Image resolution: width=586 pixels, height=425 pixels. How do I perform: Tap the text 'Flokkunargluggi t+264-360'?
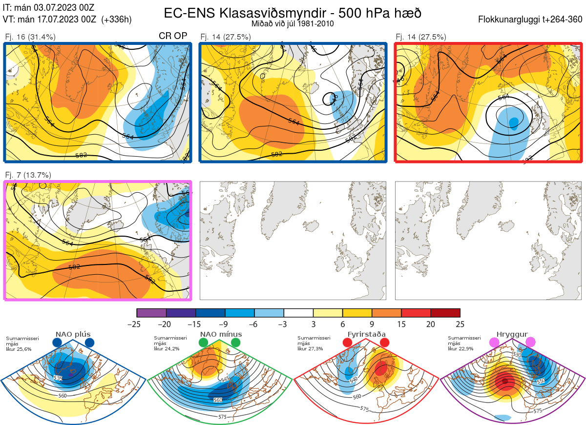point(531,20)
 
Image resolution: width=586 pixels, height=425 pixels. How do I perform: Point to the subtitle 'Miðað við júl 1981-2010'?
point(293,23)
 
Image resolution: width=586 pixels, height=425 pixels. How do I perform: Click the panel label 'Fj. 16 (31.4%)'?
point(30,37)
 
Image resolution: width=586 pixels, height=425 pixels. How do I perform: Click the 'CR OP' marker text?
point(173,37)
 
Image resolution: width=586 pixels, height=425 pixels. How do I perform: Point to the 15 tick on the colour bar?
point(401,324)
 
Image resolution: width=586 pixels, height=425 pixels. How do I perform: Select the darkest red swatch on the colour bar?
point(445,313)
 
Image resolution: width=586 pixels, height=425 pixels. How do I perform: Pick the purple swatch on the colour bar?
point(151,313)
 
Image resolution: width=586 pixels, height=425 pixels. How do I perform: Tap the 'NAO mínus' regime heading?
point(221,334)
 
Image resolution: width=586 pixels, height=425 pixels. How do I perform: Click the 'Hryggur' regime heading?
point(513,334)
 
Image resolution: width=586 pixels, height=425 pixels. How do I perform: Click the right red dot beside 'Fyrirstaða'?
point(384,343)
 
